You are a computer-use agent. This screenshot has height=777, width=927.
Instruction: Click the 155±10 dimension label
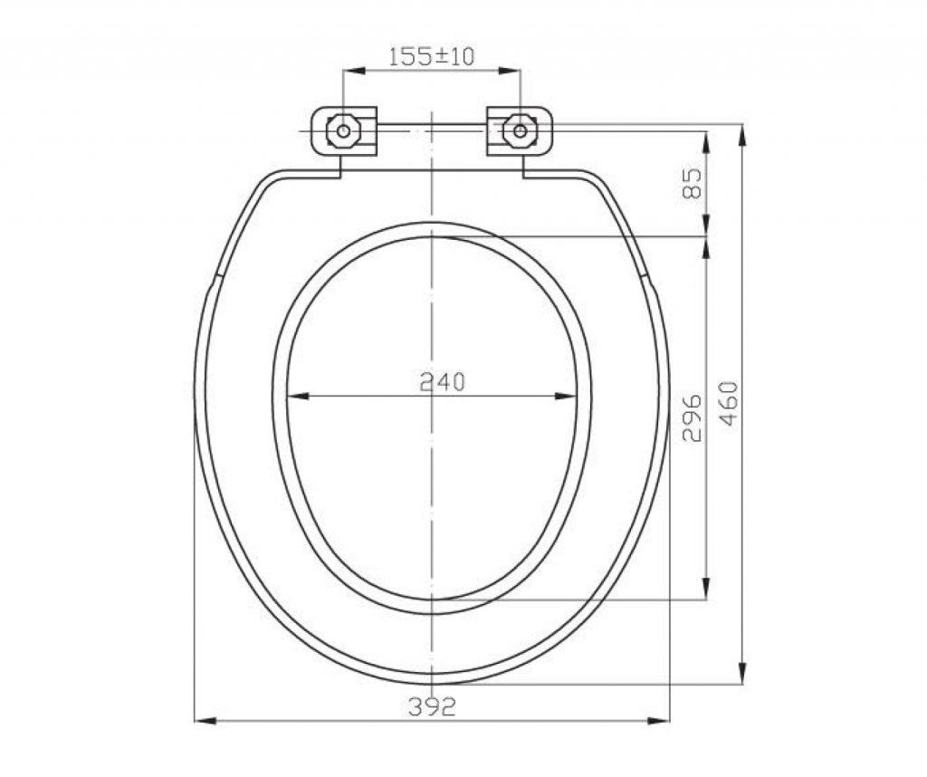(432, 57)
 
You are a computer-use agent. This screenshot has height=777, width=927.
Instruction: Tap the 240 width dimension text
(443, 382)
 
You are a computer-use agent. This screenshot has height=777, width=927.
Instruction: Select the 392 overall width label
(432, 706)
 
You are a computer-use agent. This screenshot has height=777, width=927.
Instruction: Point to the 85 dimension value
(692, 183)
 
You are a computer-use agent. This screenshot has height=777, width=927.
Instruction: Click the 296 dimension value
(692, 418)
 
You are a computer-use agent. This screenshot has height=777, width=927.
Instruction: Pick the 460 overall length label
(730, 403)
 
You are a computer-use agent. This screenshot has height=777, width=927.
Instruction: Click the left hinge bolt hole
(343, 130)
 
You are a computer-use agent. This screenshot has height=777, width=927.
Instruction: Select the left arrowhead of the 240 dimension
(297, 396)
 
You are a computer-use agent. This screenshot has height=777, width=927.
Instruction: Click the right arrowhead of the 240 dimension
(566, 396)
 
